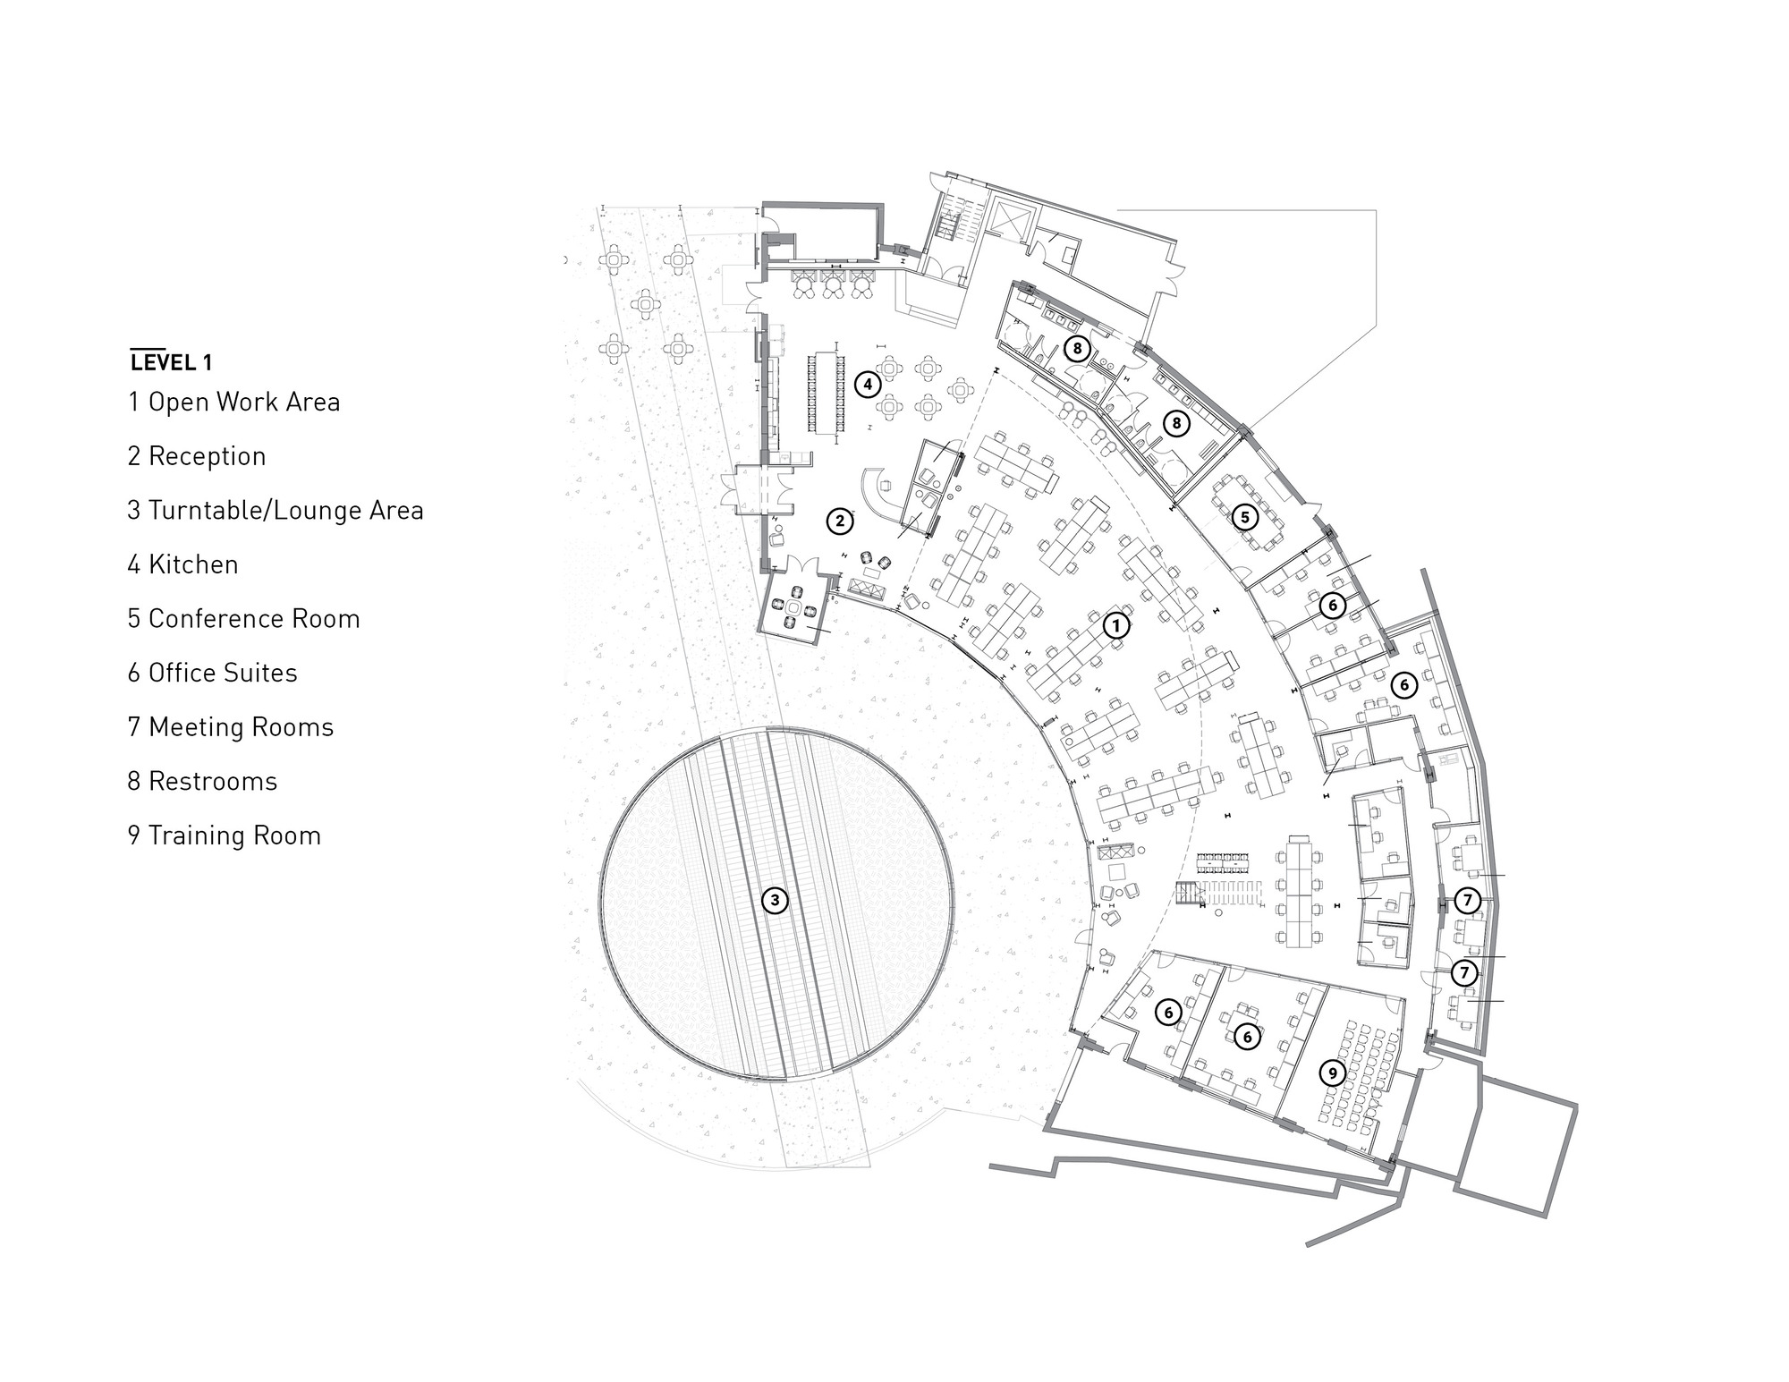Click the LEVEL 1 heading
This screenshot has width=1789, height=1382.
point(171,361)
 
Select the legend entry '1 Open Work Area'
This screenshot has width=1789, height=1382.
point(233,403)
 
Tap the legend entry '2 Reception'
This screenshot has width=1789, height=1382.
point(197,456)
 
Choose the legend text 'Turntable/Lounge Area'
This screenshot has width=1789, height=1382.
point(285,511)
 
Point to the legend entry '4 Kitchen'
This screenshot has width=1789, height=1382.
point(182,564)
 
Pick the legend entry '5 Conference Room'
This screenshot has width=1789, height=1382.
point(243,619)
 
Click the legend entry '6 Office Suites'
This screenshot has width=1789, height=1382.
point(212,673)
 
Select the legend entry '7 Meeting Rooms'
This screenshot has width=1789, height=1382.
point(230,727)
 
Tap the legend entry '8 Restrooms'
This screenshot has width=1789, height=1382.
point(202,781)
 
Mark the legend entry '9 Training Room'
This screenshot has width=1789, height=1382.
point(224,835)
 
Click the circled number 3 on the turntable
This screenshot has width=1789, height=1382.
point(775,901)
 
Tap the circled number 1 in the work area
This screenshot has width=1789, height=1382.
point(1115,625)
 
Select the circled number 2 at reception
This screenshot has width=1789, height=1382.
point(839,521)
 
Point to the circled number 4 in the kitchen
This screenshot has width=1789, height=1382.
point(867,384)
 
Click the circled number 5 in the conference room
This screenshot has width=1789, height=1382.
point(1243,516)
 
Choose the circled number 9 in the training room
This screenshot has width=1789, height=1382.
point(1333,1073)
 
